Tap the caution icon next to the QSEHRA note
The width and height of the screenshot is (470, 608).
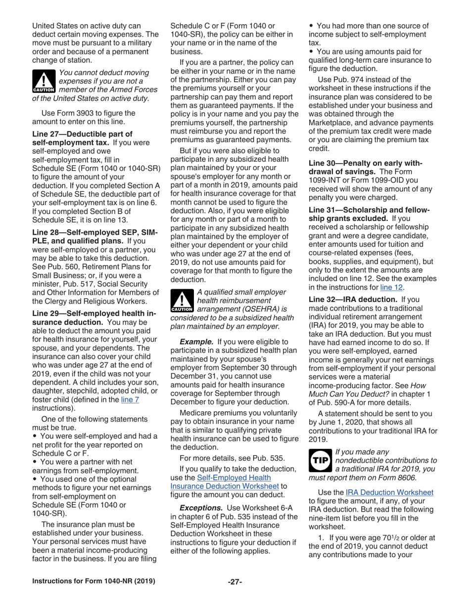[x=181, y=301]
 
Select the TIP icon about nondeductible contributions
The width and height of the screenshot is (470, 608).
[x=320, y=460]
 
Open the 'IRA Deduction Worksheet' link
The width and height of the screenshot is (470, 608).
[x=389, y=492]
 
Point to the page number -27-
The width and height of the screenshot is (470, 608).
[x=235, y=582]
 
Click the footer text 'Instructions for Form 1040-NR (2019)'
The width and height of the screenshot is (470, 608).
[x=94, y=581]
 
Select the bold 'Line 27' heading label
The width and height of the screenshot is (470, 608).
[x=49, y=134]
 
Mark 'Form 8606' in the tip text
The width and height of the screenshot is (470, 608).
[x=398, y=478]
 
